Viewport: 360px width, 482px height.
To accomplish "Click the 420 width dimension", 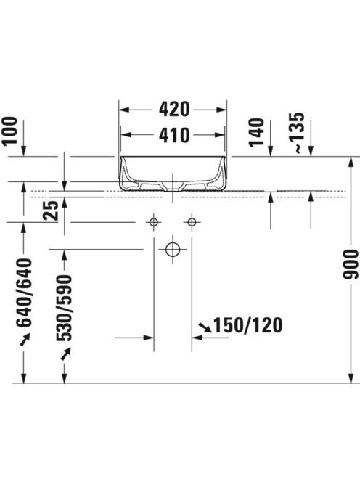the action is (174, 110).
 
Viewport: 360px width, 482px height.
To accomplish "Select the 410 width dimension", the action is (174, 135).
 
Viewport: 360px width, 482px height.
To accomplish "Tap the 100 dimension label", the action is (9, 131).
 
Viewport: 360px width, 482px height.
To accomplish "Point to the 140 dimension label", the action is (256, 132).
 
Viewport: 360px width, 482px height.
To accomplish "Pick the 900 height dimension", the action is (351, 264).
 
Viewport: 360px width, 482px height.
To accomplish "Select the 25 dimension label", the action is (50, 211).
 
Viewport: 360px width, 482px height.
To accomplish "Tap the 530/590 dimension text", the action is (64, 308).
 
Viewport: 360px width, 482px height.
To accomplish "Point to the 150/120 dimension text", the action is (247, 325).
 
